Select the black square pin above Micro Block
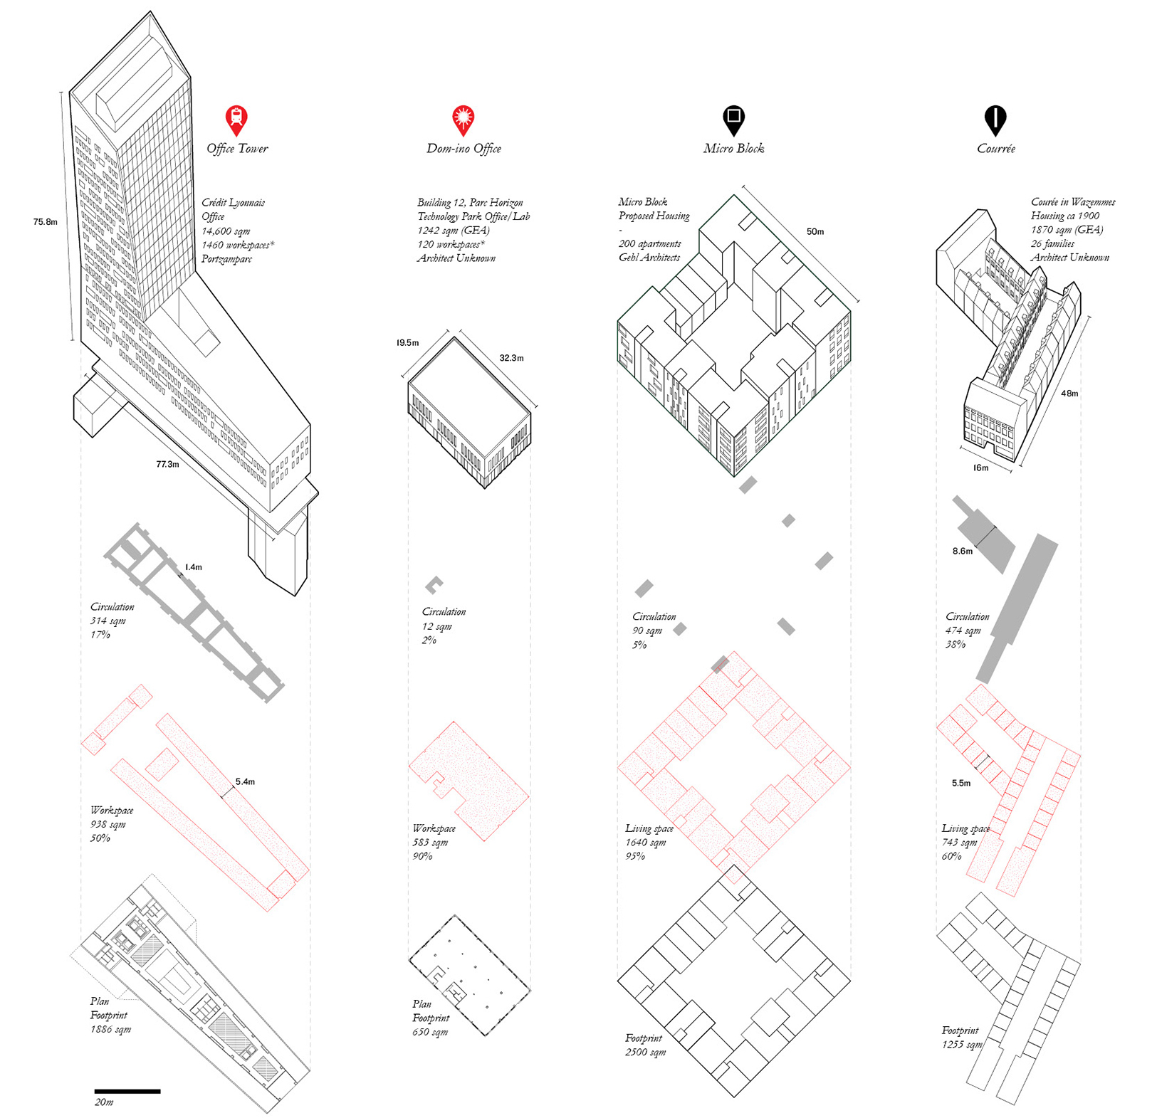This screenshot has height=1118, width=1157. [x=733, y=118]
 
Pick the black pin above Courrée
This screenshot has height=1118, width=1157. [x=995, y=118]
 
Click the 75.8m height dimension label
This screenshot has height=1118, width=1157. [x=45, y=222]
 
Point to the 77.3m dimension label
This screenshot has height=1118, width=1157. [x=167, y=464]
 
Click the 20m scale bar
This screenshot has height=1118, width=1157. [x=127, y=1090]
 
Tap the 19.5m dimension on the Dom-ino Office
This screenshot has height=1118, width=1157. [x=408, y=343]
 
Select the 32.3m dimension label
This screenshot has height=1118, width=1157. [x=511, y=358]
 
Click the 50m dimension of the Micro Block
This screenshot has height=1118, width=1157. [x=815, y=232]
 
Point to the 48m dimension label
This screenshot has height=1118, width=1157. [x=1069, y=394]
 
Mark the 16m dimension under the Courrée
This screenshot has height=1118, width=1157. [x=980, y=468]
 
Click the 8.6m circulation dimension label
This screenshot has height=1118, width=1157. [x=962, y=551]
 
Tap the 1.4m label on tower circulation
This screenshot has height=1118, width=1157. [x=194, y=567]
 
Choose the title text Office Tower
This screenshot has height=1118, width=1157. [x=237, y=149]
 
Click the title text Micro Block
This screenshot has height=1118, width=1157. [x=733, y=149]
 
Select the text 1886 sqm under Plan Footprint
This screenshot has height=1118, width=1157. [x=110, y=1029]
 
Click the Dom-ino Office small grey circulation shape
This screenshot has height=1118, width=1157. [x=434, y=585]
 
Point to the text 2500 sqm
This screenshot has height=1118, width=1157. [x=645, y=1052]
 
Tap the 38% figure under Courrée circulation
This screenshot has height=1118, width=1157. [x=955, y=644]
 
